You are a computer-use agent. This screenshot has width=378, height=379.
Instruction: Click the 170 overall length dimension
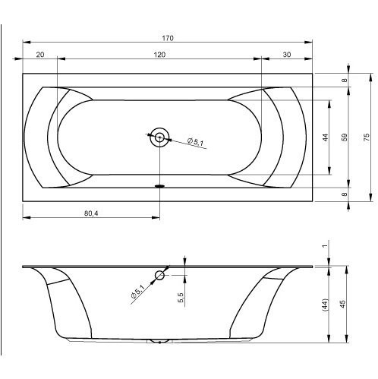pos(168,38)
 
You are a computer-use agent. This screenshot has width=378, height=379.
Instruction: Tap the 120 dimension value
pos(159,55)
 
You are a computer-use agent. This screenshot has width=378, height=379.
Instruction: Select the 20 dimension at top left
pos(40,55)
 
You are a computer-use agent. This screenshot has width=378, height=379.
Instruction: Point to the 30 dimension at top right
pos(287,55)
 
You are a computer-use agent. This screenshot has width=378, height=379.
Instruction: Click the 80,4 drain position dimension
pos(91,213)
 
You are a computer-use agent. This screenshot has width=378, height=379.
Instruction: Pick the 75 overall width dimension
pos(367,137)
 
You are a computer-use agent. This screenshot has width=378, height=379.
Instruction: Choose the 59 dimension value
pos(345,137)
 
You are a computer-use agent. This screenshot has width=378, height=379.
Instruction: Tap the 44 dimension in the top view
pos(326,137)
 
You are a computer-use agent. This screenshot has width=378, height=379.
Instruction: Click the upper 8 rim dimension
pos(344,81)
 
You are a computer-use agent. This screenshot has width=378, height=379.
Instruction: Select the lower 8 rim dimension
pos(344,194)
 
